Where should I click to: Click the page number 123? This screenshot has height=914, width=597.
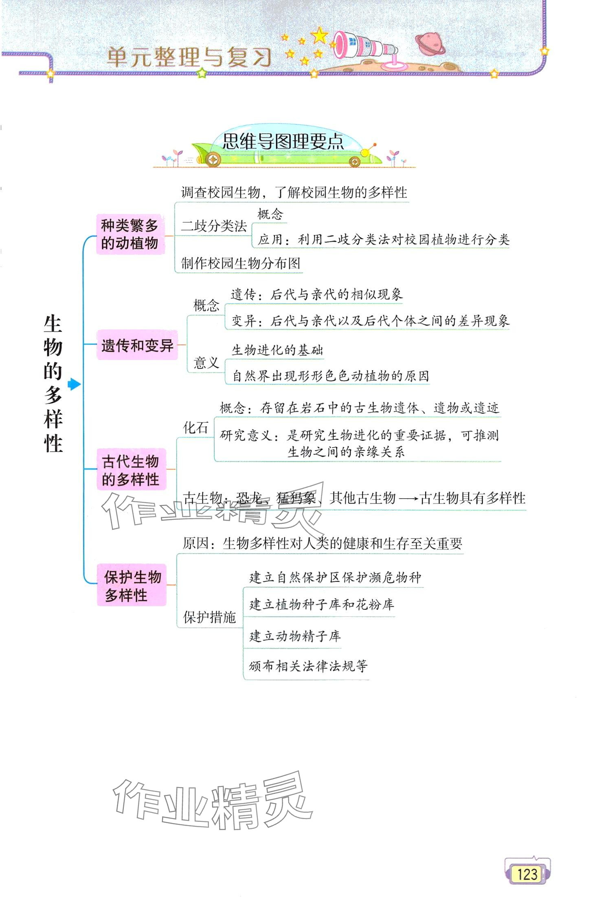point(527,874)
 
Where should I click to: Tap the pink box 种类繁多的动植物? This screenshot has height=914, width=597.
point(130,234)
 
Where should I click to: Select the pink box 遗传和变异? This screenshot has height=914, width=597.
point(137,345)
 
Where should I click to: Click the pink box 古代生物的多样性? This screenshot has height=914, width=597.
point(131,470)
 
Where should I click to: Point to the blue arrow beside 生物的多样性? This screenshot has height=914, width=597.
point(74,384)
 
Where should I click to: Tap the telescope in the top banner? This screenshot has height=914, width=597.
point(364,47)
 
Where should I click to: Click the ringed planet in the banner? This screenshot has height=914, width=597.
point(429,43)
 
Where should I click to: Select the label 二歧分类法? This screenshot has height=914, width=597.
point(214,226)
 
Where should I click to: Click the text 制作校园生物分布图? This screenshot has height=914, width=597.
point(241,263)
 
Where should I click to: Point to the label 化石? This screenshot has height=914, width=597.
point(196,428)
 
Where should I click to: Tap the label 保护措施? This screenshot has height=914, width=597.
point(209,617)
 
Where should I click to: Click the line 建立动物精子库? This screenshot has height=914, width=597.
point(295,636)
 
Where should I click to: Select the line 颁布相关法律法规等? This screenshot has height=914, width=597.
point(308,666)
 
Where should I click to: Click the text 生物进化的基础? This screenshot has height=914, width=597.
point(277,350)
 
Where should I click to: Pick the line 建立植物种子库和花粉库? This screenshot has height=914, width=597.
point(322,605)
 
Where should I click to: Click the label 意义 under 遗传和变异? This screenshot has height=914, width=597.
point(206,362)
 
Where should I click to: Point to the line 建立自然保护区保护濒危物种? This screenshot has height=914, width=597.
point(335,577)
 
